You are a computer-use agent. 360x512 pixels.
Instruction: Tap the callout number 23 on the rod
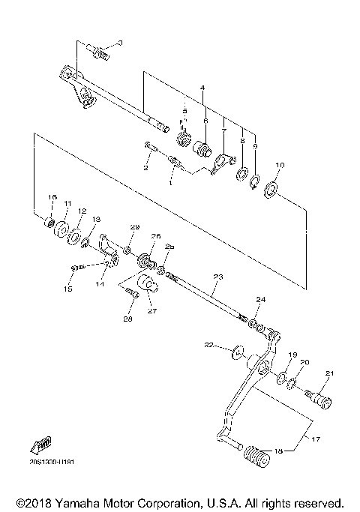pos(217,277)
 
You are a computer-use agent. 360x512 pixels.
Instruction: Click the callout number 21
pos(328,373)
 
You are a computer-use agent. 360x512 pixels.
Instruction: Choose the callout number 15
pos(68,289)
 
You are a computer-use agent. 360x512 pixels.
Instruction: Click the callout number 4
pos(202,88)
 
